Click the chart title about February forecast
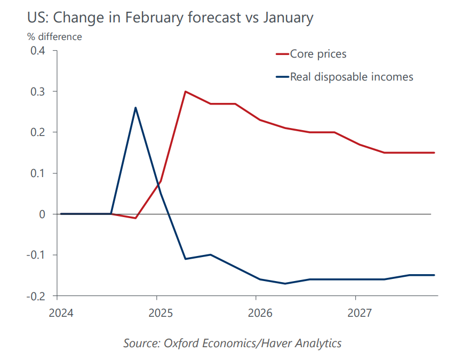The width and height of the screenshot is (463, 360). (170, 18)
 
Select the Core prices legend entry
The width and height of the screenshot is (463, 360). (318, 54)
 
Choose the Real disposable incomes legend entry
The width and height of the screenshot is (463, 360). (351, 77)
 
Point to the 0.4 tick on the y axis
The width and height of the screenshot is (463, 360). (37, 51)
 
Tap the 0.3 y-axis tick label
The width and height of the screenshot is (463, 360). (37, 92)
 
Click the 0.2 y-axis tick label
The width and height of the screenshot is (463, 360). (37, 132)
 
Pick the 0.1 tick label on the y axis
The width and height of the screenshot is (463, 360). (37, 173)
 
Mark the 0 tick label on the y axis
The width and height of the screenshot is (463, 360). (42, 214)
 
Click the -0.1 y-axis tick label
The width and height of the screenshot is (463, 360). (36, 255)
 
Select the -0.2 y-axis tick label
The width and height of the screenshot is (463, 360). (36, 295)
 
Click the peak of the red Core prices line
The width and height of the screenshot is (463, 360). (185, 91)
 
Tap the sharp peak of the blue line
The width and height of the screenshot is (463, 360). (135, 108)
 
